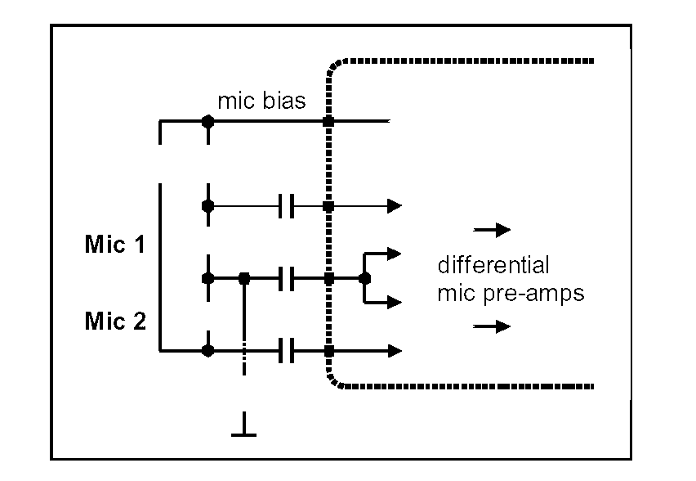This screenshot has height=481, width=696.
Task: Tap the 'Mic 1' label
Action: pyautogui.click(x=115, y=245)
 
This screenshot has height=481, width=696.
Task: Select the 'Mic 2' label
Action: pyautogui.click(x=115, y=321)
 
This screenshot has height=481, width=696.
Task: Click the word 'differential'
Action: pyautogui.click(x=493, y=266)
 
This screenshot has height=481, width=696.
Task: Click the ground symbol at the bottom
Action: pyautogui.click(x=243, y=430)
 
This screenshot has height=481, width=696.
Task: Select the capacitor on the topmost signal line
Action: pyautogui.click(x=285, y=206)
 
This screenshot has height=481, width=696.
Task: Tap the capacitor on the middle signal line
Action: pyautogui.click(x=285, y=278)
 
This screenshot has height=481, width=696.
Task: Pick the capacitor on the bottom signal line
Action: pyautogui.click(x=285, y=351)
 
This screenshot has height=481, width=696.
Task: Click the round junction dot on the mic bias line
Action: pyautogui.click(x=208, y=122)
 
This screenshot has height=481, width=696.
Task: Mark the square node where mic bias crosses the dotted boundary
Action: pyautogui.click(x=328, y=122)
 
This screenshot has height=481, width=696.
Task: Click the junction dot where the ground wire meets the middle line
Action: pyautogui.click(x=243, y=278)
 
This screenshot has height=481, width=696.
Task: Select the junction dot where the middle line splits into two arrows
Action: pyautogui.click(x=364, y=278)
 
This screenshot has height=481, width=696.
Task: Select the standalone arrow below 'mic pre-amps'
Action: pyautogui.click(x=493, y=326)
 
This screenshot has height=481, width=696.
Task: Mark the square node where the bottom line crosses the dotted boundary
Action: pyautogui.click(x=328, y=351)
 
